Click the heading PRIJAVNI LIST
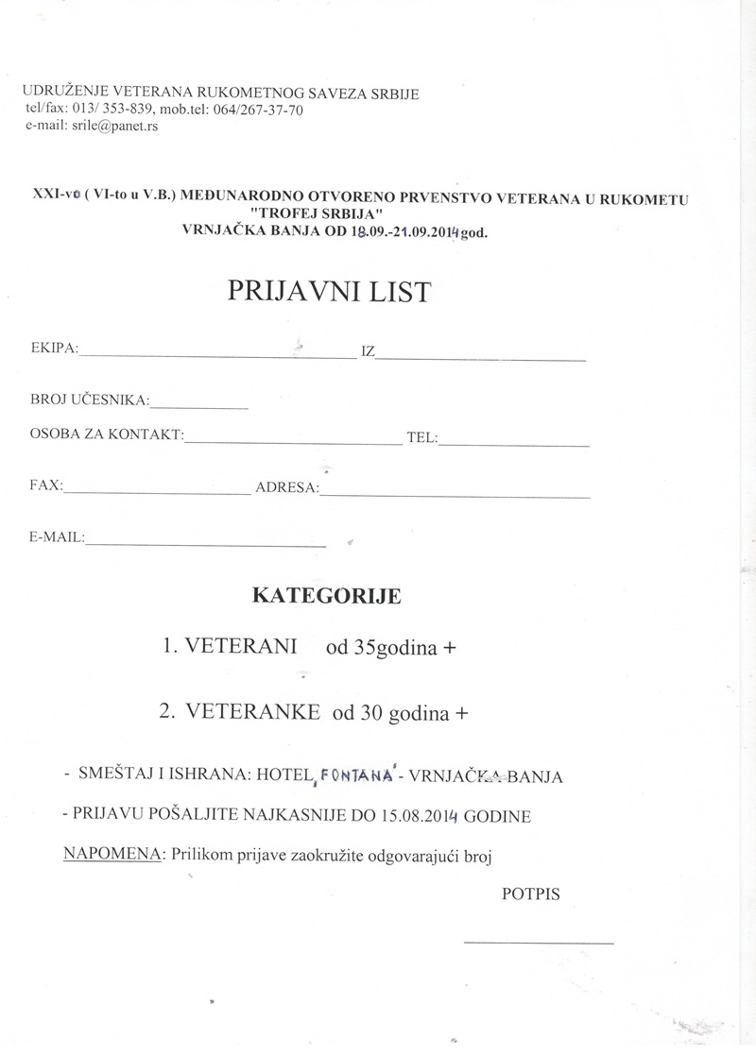pyautogui.click(x=329, y=292)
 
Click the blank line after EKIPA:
pyautogui.click(x=217, y=356)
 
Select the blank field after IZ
pyautogui.click(x=481, y=359)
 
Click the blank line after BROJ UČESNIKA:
pyautogui.click(x=198, y=406)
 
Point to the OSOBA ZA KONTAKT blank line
pyautogui.click(x=293, y=441)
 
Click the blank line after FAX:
pyautogui.click(x=156, y=492)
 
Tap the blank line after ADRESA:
pyautogui.click(x=455, y=495)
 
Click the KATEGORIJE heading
pyautogui.click(x=326, y=596)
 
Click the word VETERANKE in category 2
pyautogui.click(x=252, y=712)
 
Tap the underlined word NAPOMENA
pyautogui.click(x=112, y=855)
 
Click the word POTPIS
pyautogui.click(x=530, y=893)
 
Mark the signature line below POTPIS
pyautogui.click(x=538, y=942)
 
